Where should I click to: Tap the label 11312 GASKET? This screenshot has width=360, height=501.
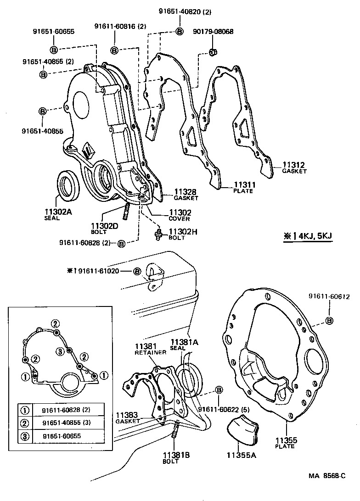coord(294,167)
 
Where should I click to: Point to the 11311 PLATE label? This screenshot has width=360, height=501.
coord(243,187)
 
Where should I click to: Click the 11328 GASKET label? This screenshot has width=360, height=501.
coord(186,195)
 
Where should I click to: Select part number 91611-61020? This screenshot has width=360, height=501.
coord(99,271)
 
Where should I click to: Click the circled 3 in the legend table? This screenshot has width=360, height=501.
coord(26,436)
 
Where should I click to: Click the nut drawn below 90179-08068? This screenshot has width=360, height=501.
coord(213,52)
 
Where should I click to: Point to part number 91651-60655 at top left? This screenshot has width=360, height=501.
coord(53,32)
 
